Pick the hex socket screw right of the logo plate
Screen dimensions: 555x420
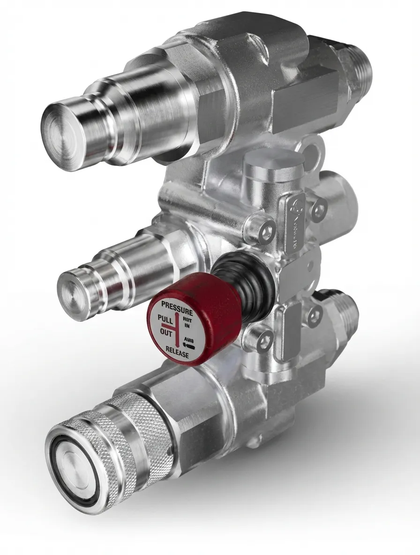[320, 206]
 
